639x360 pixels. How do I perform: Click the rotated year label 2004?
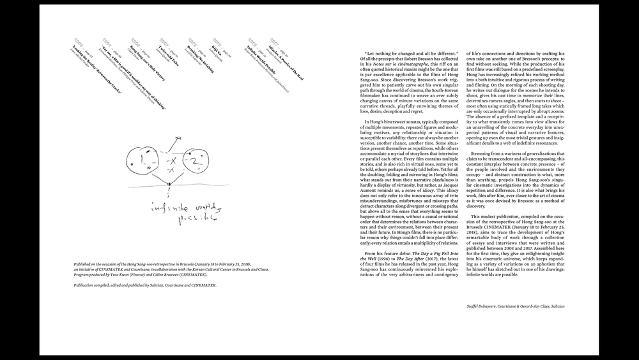(x=106, y=43)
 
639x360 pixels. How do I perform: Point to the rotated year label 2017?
(x=273, y=42)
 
